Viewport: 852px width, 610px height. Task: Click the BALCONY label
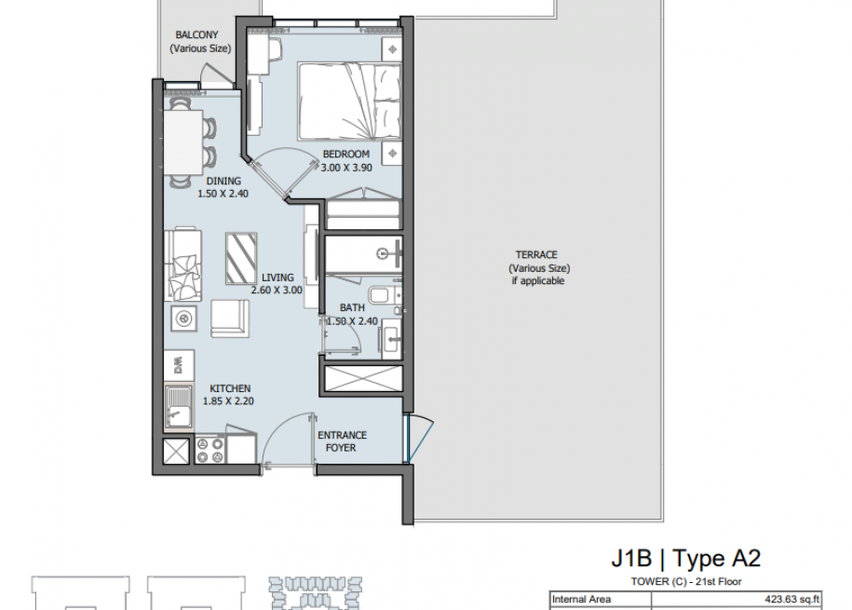tap(196, 34)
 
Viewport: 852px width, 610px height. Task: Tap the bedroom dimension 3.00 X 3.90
tap(346, 168)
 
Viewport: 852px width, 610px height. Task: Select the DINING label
tap(223, 181)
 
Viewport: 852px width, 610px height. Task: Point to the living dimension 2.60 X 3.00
tap(277, 291)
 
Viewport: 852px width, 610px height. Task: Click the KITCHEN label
tap(230, 388)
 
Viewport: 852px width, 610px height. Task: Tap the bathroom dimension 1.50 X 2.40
tap(352, 321)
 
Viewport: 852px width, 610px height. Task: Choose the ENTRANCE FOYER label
tap(342, 441)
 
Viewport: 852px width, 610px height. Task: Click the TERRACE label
tap(536, 255)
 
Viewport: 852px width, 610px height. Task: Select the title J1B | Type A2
tap(685, 559)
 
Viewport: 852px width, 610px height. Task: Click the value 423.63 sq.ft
tap(791, 599)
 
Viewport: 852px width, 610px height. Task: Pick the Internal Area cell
tap(581, 599)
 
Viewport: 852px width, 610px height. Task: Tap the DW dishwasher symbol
tap(179, 364)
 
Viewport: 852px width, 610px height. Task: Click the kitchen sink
tap(178, 407)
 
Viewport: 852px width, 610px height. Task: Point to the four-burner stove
tap(210, 450)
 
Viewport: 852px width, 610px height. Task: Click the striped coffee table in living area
tap(241, 259)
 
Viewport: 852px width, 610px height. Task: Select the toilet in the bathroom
tap(385, 295)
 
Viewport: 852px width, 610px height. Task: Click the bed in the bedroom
tap(349, 102)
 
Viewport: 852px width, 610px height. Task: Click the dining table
tap(183, 142)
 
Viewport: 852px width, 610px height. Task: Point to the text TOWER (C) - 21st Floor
tap(685, 582)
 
